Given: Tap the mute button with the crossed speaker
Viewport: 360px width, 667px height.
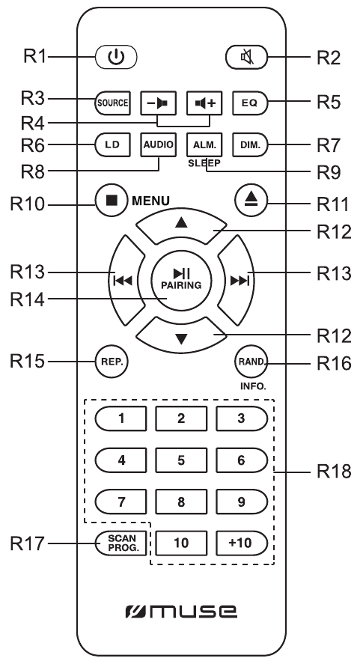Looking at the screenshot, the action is (246, 57).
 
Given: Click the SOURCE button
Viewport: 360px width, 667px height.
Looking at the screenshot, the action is (113, 103).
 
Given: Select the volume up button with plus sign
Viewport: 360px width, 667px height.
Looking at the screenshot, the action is (204, 103).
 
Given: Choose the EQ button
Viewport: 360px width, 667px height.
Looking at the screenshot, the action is (250, 103).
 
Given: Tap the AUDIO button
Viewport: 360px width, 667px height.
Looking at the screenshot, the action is (159, 144).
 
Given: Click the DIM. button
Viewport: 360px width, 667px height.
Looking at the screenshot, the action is (250, 145).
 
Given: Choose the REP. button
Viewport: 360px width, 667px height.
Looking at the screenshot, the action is (112, 362).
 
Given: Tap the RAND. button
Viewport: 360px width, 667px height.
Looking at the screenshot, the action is (251, 362).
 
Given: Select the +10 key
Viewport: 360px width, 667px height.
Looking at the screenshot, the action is (242, 543).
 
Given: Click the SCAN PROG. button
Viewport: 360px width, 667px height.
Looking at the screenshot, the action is (120, 543).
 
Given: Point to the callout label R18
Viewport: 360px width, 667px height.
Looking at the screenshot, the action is (334, 472).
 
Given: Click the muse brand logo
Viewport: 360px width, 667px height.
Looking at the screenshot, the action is (181, 612).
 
